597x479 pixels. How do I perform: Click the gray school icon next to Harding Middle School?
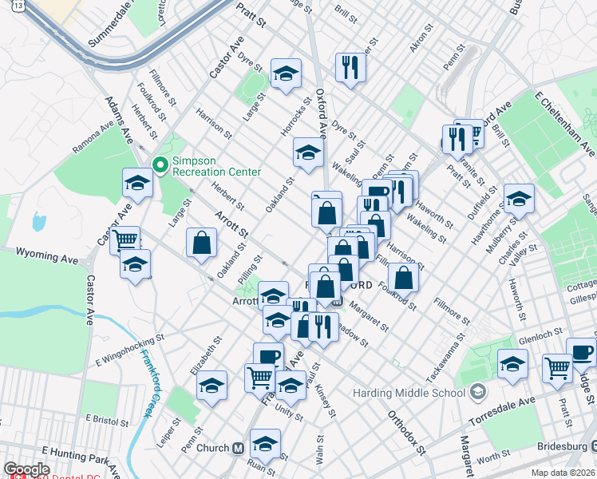click(x=477, y=392)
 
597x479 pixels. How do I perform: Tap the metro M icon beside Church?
click(x=238, y=448)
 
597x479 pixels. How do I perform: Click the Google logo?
click(x=26, y=469)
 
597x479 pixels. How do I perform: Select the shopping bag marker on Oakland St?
click(x=202, y=242)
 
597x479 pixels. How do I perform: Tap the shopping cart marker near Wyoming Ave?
click(x=125, y=239)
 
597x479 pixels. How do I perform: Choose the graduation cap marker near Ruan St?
click(x=265, y=443)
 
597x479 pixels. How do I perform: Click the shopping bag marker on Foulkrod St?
click(x=404, y=277)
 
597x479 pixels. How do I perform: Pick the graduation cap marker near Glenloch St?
click(x=512, y=363)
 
